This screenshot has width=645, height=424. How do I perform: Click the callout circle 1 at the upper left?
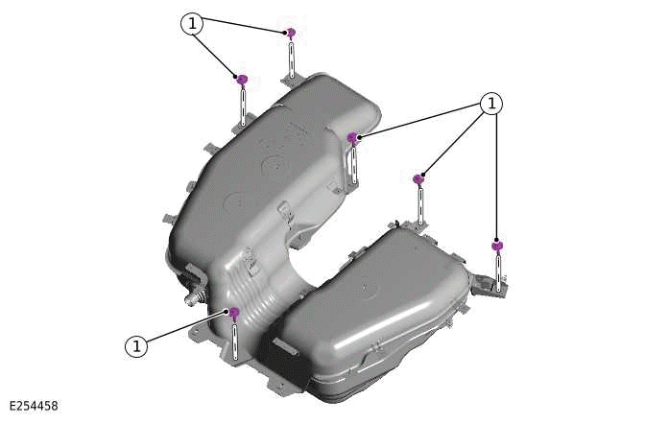[x=193, y=24]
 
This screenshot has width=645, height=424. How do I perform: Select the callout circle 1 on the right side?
[x=490, y=104]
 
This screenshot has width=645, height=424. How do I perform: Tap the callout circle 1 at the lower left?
[x=138, y=345]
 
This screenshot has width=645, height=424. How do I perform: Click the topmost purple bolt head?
[x=291, y=33]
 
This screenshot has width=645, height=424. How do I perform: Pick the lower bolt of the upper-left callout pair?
[x=243, y=80]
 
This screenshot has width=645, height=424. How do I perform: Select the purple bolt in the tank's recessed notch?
[x=353, y=138]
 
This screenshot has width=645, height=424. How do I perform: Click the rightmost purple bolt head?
[x=496, y=247]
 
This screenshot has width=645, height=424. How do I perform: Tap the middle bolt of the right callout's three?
[x=418, y=178]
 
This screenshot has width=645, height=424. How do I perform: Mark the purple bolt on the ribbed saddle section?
[x=234, y=312]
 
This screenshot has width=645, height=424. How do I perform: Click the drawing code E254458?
[x=34, y=407]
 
